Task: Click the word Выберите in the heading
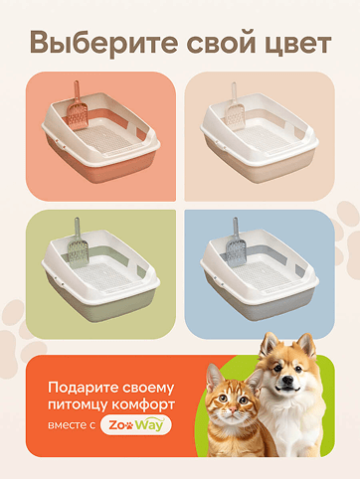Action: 104,43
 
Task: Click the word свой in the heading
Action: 221,42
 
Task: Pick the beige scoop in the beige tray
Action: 235,106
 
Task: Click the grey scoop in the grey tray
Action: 237,242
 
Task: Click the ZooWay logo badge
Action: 136,425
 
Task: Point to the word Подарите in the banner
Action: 83,388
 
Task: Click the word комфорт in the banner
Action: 143,404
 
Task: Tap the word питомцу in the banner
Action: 78,405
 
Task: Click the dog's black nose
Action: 288,380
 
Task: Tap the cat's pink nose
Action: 234,410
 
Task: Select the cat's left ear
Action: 215,378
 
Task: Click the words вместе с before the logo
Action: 72,425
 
